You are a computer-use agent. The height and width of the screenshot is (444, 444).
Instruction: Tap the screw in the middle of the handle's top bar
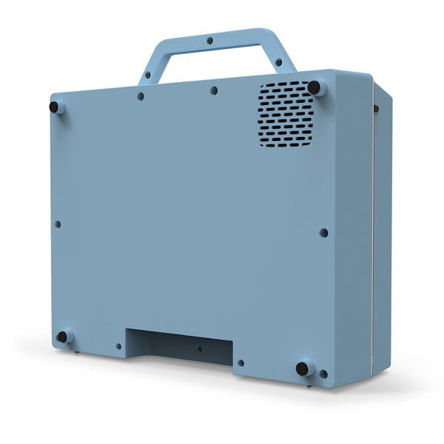click(x=209, y=40)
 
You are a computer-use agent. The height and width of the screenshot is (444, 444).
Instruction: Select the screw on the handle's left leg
click(x=147, y=75)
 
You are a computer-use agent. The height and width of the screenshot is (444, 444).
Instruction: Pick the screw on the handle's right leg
click(x=278, y=62)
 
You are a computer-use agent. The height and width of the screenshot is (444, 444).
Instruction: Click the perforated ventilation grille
click(x=286, y=113)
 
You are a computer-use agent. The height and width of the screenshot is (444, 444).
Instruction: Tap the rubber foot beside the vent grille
click(x=314, y=87)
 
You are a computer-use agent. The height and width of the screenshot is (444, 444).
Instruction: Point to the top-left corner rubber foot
click(x=54, y=107)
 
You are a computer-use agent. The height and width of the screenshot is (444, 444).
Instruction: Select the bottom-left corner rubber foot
click(x=62, y=337)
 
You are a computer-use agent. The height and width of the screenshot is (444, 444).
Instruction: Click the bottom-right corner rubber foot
click(x=302, y=368)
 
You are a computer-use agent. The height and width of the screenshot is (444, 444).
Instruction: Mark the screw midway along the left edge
click(x=58, y=224)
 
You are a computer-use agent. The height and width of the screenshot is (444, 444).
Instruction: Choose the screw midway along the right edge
click(x=323, y=232)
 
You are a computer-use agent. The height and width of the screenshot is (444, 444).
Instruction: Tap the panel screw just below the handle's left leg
click(x=141, y=96)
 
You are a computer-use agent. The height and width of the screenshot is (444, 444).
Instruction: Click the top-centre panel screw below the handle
click(x=214, y=90)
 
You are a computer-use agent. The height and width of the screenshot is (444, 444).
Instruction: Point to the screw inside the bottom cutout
click(x=199, y=349)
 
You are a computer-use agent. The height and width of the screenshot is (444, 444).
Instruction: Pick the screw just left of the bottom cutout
click(x=118, y=346)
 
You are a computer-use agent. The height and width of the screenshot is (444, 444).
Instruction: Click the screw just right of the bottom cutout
click(x=240, y=363)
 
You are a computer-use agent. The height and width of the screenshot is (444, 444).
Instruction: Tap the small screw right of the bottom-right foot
click(x=323, y=374)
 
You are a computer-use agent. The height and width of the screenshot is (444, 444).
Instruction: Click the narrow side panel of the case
click(x=380, y=229)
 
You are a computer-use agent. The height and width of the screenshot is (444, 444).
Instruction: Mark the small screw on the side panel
click(x=376, y=109)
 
